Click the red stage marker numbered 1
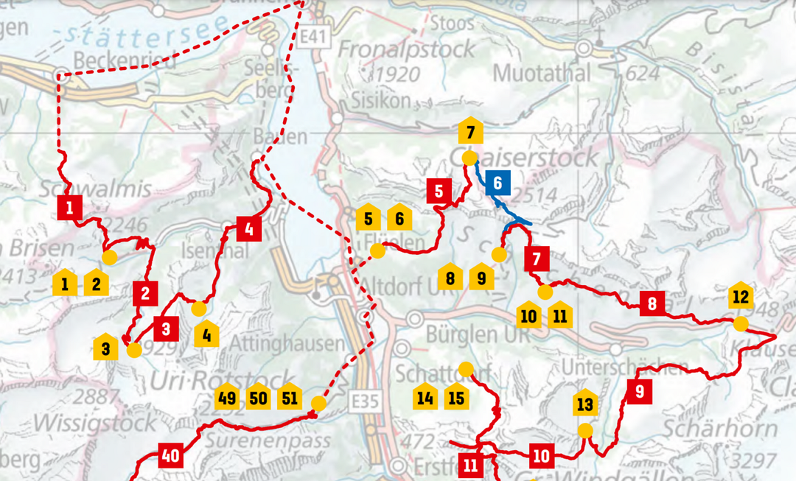(x=69, y=208)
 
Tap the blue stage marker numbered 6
(x=498, y=183)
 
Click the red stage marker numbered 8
(x=652, y=303)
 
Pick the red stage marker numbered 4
(x=249, y=230)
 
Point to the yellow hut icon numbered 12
(x=741, y=295)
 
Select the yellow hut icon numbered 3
(x=106, y=346)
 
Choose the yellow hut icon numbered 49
(x=226, y=397)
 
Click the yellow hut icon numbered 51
(x=288, y=397)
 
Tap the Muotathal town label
(x=542, y=73)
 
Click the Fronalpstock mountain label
(x=407, y=50)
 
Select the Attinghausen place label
(x=287, y=343)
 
